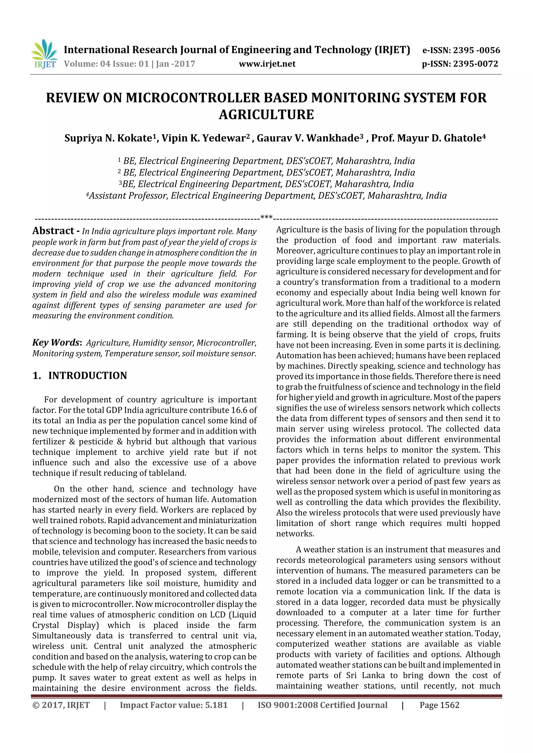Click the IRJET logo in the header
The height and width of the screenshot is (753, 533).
pyautogui.click(x=44, y=54)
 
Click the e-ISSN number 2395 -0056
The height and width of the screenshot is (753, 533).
pyautogui.click(x=476, y=50)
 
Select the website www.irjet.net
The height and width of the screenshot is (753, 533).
pyautogui.click(x=267, y=64)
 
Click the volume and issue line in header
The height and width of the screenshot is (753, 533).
pyautogui.click(x=129, y=64)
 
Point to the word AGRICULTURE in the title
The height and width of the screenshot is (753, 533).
pyautogui.click(x=266, y=114)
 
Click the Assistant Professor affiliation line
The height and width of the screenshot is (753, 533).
pyautogui.click(x=266, y=196)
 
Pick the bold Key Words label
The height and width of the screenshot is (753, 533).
pyautogui.click(x=56, y=343)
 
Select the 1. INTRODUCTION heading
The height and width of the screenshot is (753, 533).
pyautogui.click(x=80, y=376)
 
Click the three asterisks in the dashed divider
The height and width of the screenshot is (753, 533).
pyautogui.click(x=266, y=217)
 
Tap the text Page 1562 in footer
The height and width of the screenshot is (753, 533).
pyautogui.click(x=439, y=705)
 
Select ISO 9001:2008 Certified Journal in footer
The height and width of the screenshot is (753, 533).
pyautogui.click(x=322, y=705)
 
